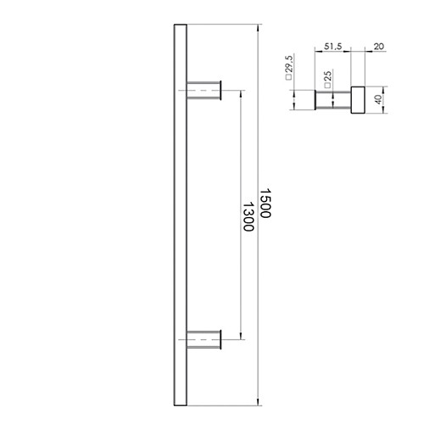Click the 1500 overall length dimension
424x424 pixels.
(265, 204)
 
